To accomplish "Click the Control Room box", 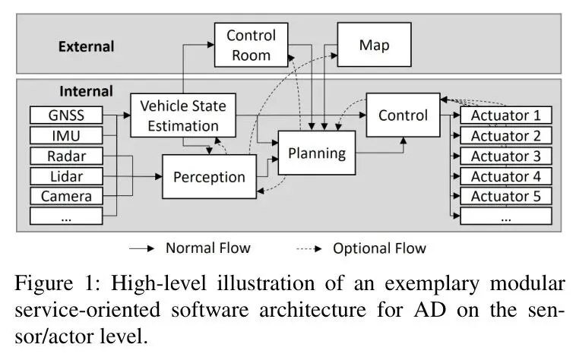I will click(252, 45).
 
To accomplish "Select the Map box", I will click(374, 45).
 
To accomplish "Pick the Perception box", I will click(209, 177).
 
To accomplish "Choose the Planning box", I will click(316, 153).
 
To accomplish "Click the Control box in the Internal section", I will click(403, 115).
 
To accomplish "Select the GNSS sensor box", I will click(65, 116).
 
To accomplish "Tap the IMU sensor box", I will click(65, 136).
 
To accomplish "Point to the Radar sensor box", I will click(65, 156).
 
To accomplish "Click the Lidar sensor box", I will click(65, 176).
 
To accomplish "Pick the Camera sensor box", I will click(65, 196).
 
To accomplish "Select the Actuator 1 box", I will click(506, 116).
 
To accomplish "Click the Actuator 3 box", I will click(506, 156).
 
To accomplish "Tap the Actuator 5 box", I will click(506, 196).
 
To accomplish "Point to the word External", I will click(86, 46).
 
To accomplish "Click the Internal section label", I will click(86, 91).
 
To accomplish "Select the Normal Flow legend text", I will click(207, 248).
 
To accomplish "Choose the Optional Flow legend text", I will click(378, 248).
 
